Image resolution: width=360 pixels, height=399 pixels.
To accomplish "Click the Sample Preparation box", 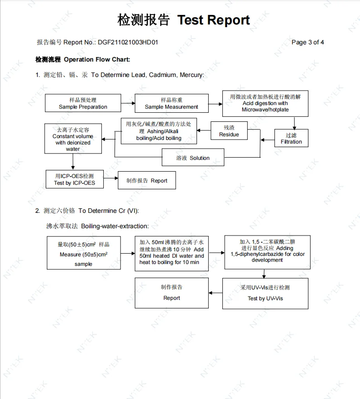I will (x=83, y=103).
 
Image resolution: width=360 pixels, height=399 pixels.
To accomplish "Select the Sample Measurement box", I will (x=172, y=103).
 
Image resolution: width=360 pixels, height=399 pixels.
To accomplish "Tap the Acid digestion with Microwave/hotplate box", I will (x=265, y=103).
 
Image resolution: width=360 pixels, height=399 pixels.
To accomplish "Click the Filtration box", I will (x=291, y=138).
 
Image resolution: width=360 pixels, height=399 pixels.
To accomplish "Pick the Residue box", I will (x=229, y=131).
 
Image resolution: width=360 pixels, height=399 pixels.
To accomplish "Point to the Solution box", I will (x=193, y=158).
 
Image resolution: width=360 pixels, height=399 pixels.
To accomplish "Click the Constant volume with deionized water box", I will (x=73, y=139).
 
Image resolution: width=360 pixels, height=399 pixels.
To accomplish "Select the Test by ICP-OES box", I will (x=74, y=179).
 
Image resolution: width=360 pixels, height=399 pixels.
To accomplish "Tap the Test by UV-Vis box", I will (x=265, y=293).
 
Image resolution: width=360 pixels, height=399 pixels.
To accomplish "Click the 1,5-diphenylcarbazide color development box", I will (x=267, y=251).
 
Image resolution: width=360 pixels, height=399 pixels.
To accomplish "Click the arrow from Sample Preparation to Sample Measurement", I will (x=128, y=103).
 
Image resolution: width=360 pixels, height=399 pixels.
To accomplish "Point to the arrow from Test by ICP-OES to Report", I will (x=110, y=180).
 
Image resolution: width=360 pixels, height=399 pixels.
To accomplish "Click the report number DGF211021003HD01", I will (x=128, y=43).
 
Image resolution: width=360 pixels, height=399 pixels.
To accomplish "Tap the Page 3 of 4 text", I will (x=307, y=43).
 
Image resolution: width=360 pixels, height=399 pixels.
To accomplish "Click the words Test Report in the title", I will (x=213, y=20).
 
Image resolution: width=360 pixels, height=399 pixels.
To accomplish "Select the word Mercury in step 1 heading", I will (x=191, y=75).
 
